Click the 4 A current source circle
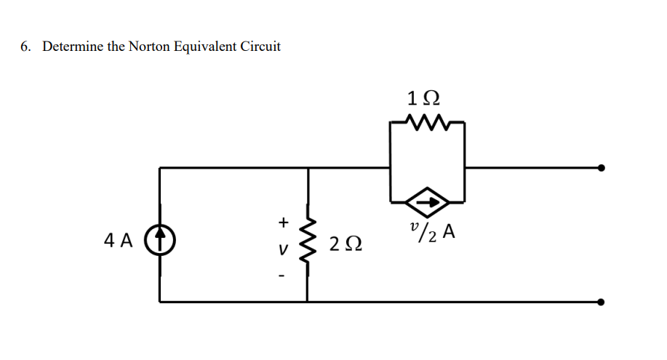[x=160, y=239]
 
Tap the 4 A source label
[x=118, y=240]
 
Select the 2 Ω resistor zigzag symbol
[x=308, y=240]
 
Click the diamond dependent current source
[x=427, y=201]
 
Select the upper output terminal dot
[x=601, y=167]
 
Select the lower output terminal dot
[x=601, y=301]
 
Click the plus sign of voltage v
[x=284, y=220]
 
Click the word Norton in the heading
[x=151, y=47]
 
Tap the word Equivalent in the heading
[x=205, y=47]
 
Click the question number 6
[x=25, y=47]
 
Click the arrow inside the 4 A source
[x=160, y=239]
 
